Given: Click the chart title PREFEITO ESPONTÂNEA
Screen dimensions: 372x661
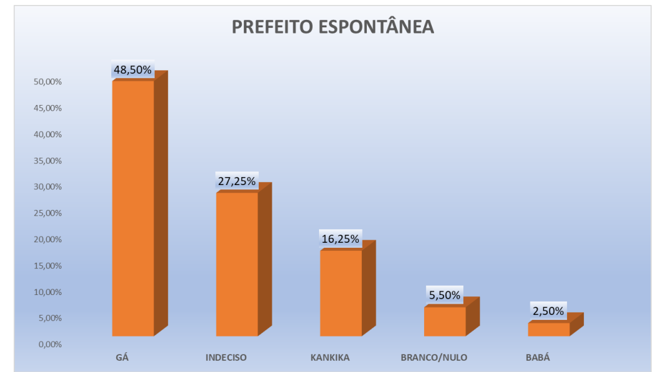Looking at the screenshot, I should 333,27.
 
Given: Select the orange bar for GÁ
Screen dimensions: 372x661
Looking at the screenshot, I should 133,208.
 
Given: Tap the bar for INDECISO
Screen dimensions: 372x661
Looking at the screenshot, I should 237,264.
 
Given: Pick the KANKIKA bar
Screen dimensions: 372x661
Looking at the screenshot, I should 341,293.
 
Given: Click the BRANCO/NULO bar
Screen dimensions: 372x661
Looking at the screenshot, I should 445,321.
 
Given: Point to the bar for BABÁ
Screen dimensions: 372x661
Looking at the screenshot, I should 548,329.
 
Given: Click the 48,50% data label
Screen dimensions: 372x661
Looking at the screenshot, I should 132,70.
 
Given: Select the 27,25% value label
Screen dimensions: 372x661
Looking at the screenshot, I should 236,181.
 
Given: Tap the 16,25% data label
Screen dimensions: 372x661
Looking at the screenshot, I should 341,238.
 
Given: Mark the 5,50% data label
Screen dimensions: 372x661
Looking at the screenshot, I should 445,295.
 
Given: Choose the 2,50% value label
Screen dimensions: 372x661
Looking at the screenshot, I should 548,311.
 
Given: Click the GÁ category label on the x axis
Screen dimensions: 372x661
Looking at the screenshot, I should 122,358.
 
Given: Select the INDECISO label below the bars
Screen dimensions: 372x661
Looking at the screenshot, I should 226,358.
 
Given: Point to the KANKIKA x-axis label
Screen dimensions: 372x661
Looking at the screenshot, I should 330,358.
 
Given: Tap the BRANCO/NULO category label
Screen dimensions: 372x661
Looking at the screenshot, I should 434,358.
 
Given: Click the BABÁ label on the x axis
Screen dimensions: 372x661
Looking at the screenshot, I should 538,358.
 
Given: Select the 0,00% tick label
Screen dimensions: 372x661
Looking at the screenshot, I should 50,344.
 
